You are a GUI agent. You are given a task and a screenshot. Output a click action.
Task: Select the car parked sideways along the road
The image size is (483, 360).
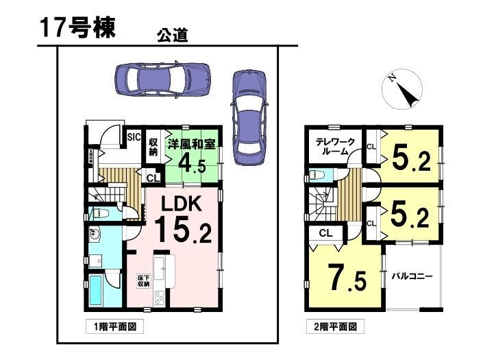(163, 82)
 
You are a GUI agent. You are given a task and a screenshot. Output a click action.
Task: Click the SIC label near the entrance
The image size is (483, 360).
(134, 138)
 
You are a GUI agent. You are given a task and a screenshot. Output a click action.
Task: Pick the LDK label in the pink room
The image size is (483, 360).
(180, 205)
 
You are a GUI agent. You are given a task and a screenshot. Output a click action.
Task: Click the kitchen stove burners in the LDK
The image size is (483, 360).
(160, 298)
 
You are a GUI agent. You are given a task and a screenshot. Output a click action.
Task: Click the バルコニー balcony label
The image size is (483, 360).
(412, 276)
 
